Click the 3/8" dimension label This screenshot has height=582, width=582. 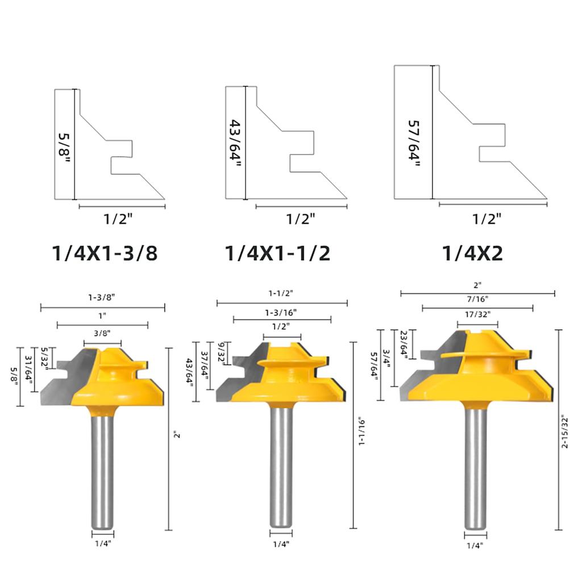click(x=102, y=335)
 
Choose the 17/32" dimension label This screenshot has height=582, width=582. click(x=477, y=313)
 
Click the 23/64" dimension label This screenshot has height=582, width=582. click(x=404, y=344)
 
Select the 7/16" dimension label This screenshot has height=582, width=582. click(x=477, y=298)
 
